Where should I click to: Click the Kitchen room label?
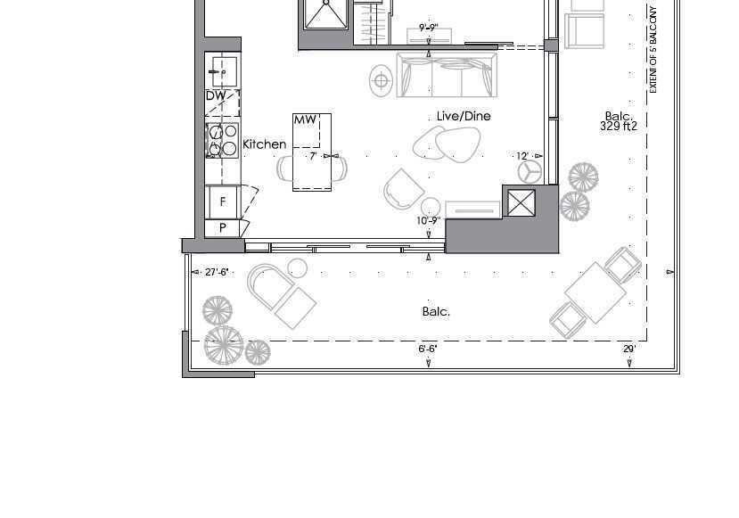pyautogui.click(x=265, y=144)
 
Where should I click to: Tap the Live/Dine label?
pyautogui.click(x=464, y=116)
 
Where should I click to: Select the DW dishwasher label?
pyautogui.click(x=216, y=95)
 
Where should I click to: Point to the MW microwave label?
pyautogui.click(x=305, y=119)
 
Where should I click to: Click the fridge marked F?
pyautogui.click(x=223, y=201)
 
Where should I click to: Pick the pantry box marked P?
pyautogui.click(x=223, y=228)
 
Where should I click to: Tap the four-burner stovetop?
pyautogui.click(x=223, y=140)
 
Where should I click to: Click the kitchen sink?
pyautogui.click(x=225, y=71)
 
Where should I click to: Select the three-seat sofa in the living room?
pyautogui.click(x=447, y=75)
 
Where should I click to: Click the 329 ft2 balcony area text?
pyautogui.click(x=619, y=126)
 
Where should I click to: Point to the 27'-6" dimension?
pyautogui.click(x=217, y=272)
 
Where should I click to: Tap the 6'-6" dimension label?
pyautogui.click(x=428, y=349)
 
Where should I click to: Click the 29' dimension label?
pyautogui.click(x=629, y=349)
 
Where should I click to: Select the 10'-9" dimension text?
pyautogui.click(x=429, y=220)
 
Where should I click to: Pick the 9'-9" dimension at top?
pyautogui.click(x=429, y=28)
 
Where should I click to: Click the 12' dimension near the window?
pyautogui.click(x=522, y=156)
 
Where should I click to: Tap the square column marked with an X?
pyautogui.click(x=521, y=203)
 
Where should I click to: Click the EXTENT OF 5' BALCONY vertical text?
pyautogui.click(x=653, y=50)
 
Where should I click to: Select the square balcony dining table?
pyautogui.click(x=595, y=292)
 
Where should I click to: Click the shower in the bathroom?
pyautogui.click(x=326, y=14)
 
